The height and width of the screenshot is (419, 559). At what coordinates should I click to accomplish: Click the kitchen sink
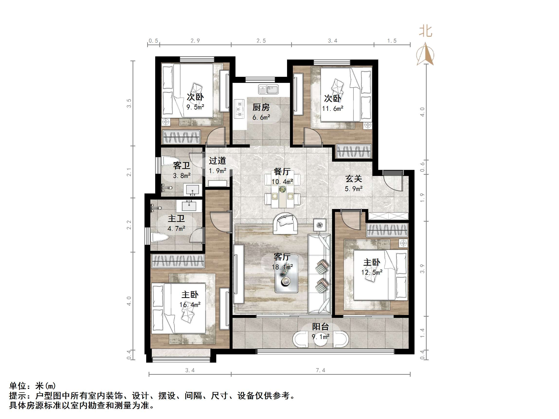[x=268, y=89]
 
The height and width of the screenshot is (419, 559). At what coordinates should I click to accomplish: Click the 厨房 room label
[x=261, y=107]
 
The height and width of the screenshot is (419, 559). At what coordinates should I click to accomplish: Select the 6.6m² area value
[x=261, y=117]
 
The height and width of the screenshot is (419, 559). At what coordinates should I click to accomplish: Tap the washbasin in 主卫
[x=189, y=206]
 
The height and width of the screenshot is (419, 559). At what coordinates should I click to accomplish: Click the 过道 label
[x=217, y=161]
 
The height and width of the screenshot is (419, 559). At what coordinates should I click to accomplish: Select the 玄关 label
[x=353, y=179]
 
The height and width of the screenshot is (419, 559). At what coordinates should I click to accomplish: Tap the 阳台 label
[x=320, y=327]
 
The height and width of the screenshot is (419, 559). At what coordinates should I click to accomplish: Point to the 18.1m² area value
[x=282, y=267]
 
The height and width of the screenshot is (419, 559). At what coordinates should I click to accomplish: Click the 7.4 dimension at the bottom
[x=320, y=370]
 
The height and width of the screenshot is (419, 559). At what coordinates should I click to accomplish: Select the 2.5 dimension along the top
[x=261, y=41]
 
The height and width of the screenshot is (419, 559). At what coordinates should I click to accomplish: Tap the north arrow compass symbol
[x=425, y=54]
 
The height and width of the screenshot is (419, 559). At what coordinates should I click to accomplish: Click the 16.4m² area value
[x=190, y=305]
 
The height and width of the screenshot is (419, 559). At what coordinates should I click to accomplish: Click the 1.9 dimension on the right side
[x=422, y=198]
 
